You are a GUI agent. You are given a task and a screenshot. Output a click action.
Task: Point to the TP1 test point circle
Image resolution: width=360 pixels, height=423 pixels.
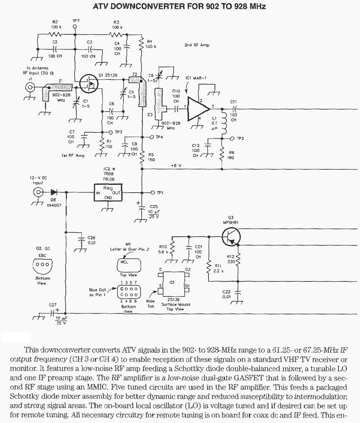(152, 193)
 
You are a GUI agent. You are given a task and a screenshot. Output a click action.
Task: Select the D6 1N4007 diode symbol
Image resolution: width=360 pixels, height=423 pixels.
(53, 193)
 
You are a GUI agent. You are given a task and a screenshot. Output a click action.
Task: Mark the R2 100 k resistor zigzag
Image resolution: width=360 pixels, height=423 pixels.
(56, 34)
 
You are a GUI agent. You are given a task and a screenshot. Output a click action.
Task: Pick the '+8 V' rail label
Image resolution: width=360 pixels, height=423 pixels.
(176, 166)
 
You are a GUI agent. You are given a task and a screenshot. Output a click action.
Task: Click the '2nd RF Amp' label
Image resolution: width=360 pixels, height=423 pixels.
(195, 45)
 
